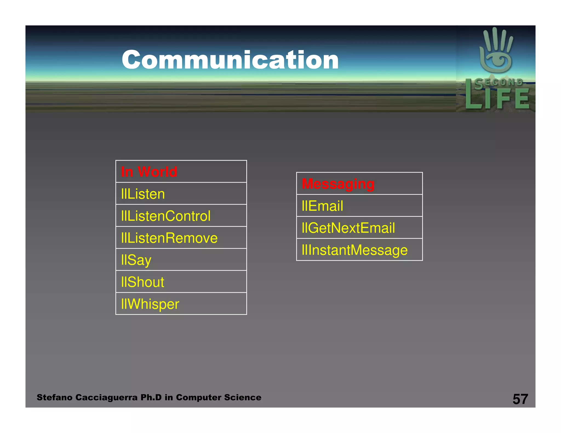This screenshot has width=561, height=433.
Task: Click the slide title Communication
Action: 230,60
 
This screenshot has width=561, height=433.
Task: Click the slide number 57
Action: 520,399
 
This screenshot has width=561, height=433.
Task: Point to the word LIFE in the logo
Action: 497,99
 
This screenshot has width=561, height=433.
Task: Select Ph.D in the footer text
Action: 151,397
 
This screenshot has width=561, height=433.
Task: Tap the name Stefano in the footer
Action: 55,397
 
